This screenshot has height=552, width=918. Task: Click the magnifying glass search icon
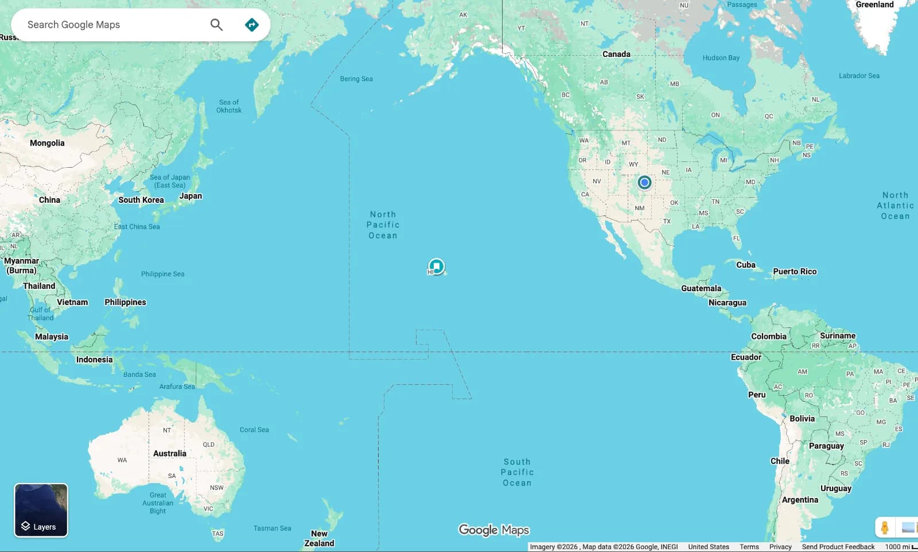pyautogui.click(x=216, y=25)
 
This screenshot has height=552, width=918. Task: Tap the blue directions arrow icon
pyautogui.click(x=251, y=25)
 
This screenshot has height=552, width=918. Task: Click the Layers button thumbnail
pyautogui.click(x=41, y=510)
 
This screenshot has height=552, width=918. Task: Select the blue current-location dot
pyautogui.click(x=644, y=183)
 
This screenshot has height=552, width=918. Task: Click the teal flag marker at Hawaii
pyautogui.click(x=437, y=266)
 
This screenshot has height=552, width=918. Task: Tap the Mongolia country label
pyautogui.click(x=47, y=143)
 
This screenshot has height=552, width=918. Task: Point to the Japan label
pyautogui.click(x=190, y=196)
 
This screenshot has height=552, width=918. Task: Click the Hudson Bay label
pyautogui.click(x=721, y=58)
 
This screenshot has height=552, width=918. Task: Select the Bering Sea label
pyautogui.click(x=356, y=79)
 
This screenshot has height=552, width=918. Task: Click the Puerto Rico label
pyautogui.click(x=795, y=271)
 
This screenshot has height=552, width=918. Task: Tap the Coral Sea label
pyautogui.click(x=254, y=430)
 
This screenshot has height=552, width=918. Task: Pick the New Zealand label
pyautogui.click(x=319, y=538)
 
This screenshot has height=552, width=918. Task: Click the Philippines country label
pyautogui.click(x=125, y=302)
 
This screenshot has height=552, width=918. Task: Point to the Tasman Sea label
pyautogui.click(x=272, y=528)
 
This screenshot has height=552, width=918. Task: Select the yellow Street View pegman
pyautogui.click(x=885, y=527)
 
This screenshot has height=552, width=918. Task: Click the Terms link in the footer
pyautogui.click(x=749, y=547)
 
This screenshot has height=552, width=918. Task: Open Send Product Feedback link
pyautogui.click(x=838, y=547)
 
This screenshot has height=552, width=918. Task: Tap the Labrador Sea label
pyautogui.click(x=859, y=76)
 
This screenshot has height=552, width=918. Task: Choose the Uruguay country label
pyautogui.click(x=836, y=488)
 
